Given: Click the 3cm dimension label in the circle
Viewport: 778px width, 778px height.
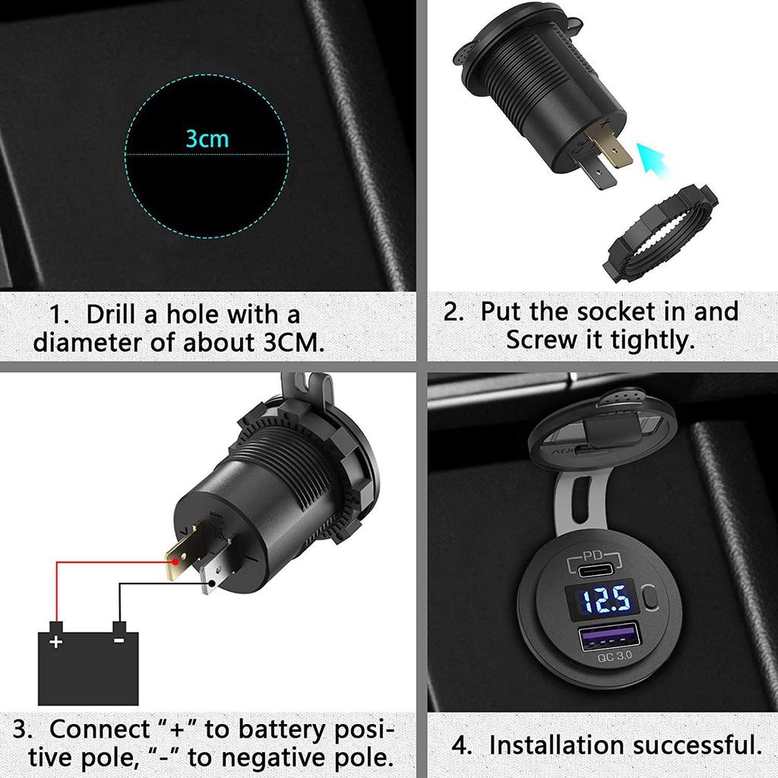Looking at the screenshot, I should coord(207,139).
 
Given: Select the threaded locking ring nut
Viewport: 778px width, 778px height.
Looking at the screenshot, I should coord(661,236).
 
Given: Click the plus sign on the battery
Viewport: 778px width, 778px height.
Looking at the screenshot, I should coord(55,642).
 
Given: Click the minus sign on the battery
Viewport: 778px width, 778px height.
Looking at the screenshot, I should coord(119,640).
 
